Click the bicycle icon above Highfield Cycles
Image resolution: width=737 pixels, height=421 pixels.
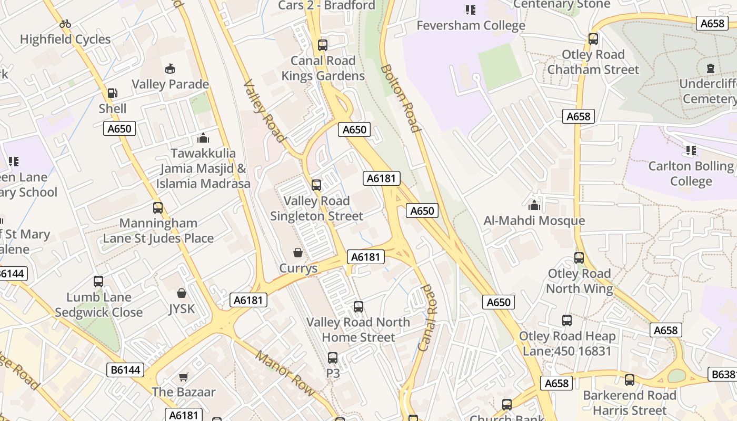pyautogui.click(x=65, y=24)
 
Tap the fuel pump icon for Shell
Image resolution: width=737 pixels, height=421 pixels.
pyautogui.click(x=112, y=93)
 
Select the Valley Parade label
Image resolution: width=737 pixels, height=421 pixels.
pyautogui.click(x=170, y=84)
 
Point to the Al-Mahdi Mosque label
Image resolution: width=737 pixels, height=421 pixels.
pyautogui.click(x=534, y=220)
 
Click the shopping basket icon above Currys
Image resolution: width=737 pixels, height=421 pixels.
pyautogui.click(x=298, y=253)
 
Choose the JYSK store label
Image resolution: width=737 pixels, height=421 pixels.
pyautogui.click(x=182, y=308)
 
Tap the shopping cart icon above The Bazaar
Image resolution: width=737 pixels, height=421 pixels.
pyautogui.click(x=183, y=377)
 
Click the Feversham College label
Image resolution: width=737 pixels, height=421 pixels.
pyautogui.click(x=471, y=25)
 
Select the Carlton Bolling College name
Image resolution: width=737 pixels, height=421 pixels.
pyautogui.click(x=691, y=174)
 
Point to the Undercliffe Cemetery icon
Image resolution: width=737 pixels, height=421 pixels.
pyautogui.click(x=711, y=68)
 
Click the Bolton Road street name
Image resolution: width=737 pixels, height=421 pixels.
pyautogui.click(x=400, y=98)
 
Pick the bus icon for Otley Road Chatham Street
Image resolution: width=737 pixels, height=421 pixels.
pyautogui.click(x=593, y=39)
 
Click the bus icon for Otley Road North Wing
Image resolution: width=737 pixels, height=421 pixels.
pyautogui.click(x=579, y=258)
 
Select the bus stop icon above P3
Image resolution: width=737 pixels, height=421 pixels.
pyautogui.click(x=333, y=358)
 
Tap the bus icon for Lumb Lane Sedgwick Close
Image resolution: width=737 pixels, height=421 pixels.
pyautogui.click(x=98, y=282)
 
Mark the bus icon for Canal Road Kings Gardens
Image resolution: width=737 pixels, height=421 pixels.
pyautogui.click(x=323, y=45)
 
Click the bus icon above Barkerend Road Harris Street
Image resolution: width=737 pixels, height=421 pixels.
pyautogui.click(x=630, y=380)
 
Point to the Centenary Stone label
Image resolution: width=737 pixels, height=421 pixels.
pyautogui.click(x=561, y=5)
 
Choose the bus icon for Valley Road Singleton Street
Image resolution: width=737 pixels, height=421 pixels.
pyautogui.click(x=316, y=185)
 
